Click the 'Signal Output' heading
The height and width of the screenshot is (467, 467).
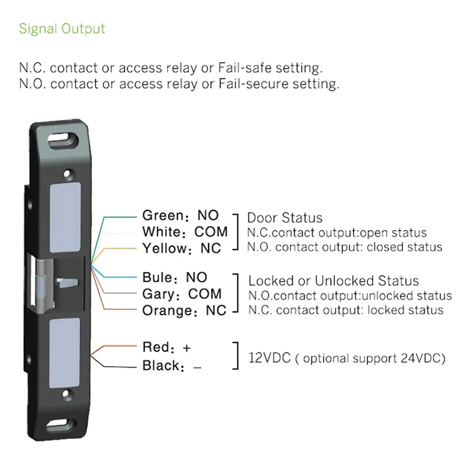62,29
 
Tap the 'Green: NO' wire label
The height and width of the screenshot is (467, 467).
181,215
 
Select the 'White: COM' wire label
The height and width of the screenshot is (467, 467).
185,232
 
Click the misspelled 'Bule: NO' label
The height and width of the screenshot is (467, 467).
174,277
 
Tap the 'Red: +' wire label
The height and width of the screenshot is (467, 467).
166,347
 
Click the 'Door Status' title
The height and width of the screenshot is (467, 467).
285,218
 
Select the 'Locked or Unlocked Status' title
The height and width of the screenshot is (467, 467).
334,281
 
